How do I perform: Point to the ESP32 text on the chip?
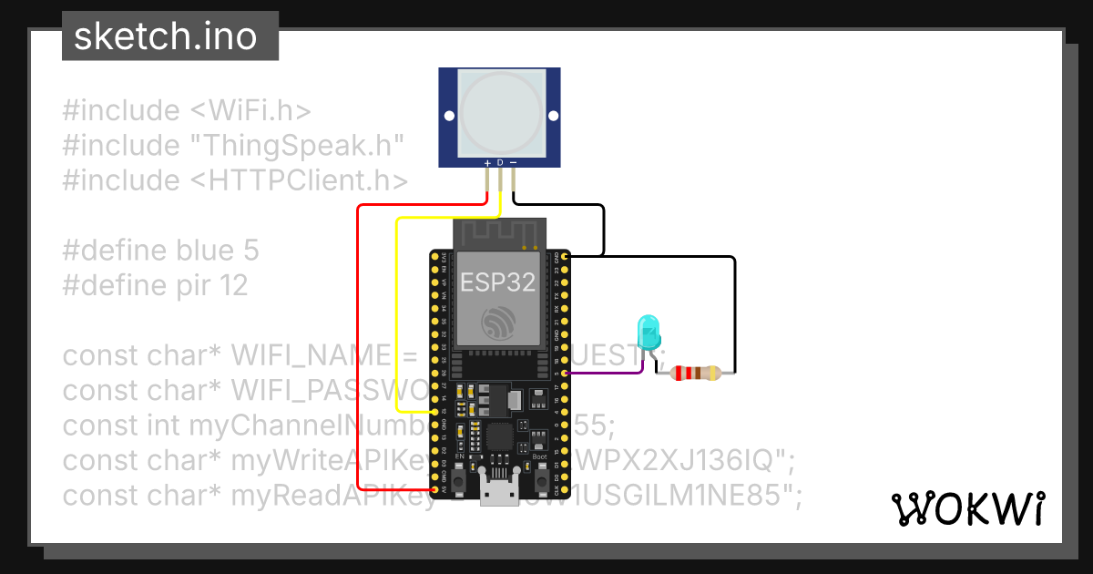(496, 282)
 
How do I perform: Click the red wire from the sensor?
(358, 346)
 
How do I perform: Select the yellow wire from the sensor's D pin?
(396, 310)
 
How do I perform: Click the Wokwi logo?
(967, 508)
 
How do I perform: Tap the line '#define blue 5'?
(160, 251)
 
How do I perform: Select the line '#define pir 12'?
(155, 285)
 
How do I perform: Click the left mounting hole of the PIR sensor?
(448, 116)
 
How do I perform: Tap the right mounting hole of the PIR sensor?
(552, 116)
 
